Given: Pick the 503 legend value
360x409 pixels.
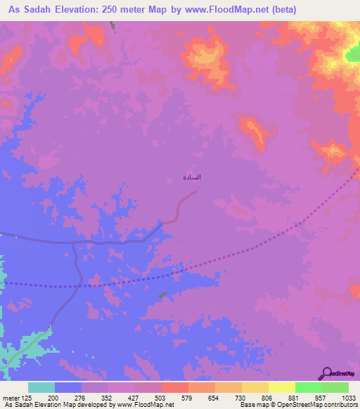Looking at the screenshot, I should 162,397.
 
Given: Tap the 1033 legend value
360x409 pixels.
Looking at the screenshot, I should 349,397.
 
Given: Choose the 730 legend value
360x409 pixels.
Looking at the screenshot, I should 241,397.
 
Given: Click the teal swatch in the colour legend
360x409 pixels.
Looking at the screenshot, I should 41,387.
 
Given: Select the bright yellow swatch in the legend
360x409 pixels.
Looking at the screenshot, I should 281,387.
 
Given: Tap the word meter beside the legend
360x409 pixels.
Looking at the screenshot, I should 11,397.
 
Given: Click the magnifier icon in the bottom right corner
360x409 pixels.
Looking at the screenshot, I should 327,372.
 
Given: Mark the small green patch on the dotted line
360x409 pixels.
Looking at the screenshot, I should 162,296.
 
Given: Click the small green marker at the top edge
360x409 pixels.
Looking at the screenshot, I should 112,25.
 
